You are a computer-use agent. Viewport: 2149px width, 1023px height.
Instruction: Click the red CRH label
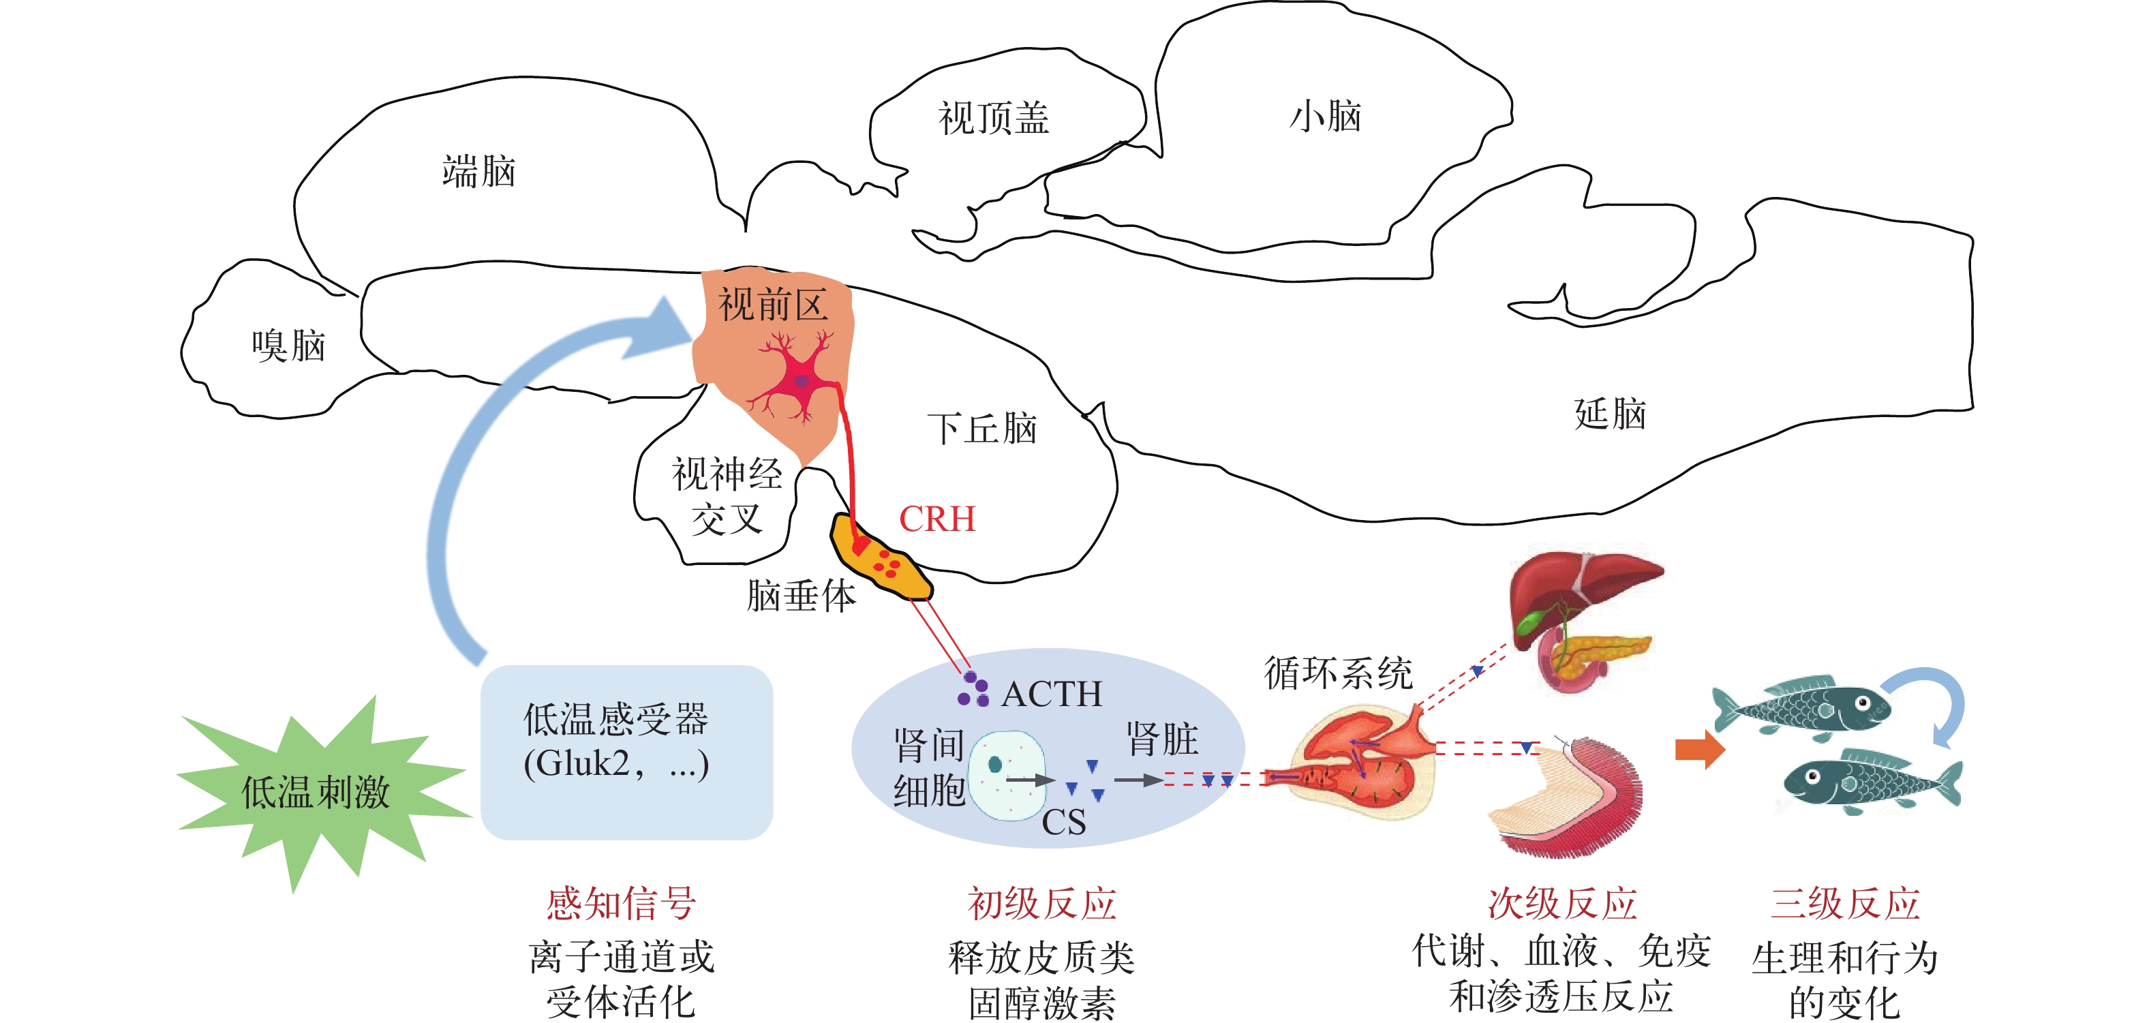pyautogui.click(x=937, y=519)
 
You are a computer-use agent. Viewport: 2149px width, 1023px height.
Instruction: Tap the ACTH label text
pyautogui.click(x=1051, y=693)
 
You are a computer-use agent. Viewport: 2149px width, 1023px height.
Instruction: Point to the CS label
pyautogui.click(x=1064, y=823)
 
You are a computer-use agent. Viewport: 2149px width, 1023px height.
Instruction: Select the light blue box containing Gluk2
pyautogui.click(x=626, y=752)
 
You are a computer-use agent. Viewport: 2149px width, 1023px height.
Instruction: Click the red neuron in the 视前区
pyautogui.click(x=797, y=380)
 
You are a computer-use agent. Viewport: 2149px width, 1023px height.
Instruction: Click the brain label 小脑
pyautogui.click(x=1325, y=116)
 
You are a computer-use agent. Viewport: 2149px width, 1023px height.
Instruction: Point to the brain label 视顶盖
pyautogui.click(x=993, y=118)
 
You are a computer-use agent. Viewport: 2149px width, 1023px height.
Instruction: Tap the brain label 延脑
pyautogui.click(x=1609, y=414)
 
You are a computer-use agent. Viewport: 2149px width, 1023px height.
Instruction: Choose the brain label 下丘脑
pyautogui.click(x=982, y=429)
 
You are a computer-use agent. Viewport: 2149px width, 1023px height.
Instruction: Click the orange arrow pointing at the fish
pyautogui.click(x=1698, y=748)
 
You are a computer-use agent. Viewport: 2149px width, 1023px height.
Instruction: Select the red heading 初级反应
pyautogui.click(x=1041, y=904)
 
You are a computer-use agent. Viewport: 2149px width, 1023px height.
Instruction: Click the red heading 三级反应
pyautogui.click(x=1844, y=904)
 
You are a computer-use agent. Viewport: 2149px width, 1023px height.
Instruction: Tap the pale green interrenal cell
pyautogui.click(x=1007, y=775)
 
